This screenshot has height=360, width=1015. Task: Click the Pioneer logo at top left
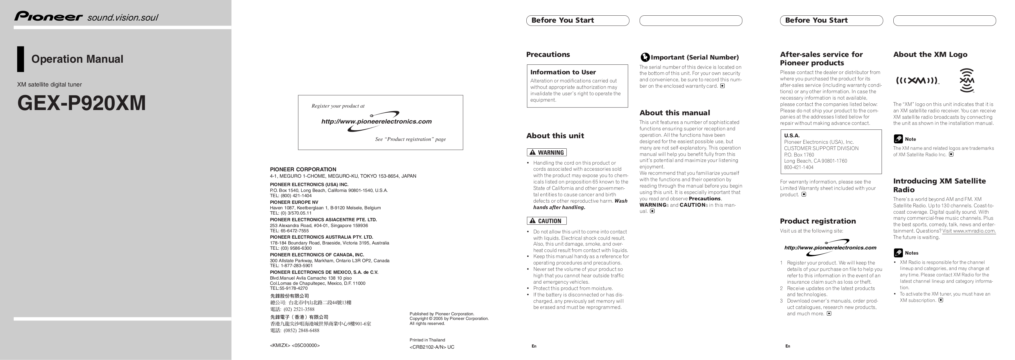tap(48, 17)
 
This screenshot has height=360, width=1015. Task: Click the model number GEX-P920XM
tap(82, 103)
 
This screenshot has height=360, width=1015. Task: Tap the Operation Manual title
tap(77, 59)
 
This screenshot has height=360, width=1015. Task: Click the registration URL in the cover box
tap(376, 122)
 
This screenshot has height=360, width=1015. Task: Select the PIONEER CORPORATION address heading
tap(303, 169)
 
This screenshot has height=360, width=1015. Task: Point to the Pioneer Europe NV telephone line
tap(290, 213)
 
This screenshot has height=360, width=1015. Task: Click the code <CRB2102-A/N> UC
tap(432, 347)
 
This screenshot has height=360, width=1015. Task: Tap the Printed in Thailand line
tap(427, 340)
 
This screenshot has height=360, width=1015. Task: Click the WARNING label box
tap(546, 152)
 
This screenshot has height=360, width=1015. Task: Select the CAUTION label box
tap(546, 221)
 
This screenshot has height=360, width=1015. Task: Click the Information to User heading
tap(563, 72)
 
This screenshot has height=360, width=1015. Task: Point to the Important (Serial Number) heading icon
tap(645, 57)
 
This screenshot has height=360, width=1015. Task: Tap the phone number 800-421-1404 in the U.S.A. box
tap(799, 168)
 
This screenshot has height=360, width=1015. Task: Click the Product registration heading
tap(818, 221)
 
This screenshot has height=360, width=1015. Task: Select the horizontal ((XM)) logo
tap(917, 81)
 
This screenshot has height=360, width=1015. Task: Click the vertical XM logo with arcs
tap(967, 80)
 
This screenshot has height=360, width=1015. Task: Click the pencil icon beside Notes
tap(898, 253)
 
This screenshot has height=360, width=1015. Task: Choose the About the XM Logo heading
tap(930, 54)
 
